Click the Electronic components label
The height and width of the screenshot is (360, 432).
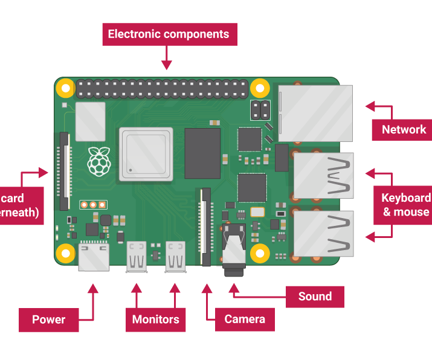169,34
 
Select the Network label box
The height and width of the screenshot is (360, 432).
403,129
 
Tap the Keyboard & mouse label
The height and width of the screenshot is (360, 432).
405,205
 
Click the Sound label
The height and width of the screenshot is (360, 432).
315,297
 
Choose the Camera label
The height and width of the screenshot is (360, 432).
245,319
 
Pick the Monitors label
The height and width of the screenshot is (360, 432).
155,320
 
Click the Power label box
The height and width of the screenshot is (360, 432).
48,320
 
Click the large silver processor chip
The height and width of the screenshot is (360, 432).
147,154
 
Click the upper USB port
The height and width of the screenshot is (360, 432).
323,176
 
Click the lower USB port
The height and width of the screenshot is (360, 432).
323,234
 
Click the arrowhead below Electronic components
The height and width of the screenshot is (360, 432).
167,63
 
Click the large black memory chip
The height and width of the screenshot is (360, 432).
202,153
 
